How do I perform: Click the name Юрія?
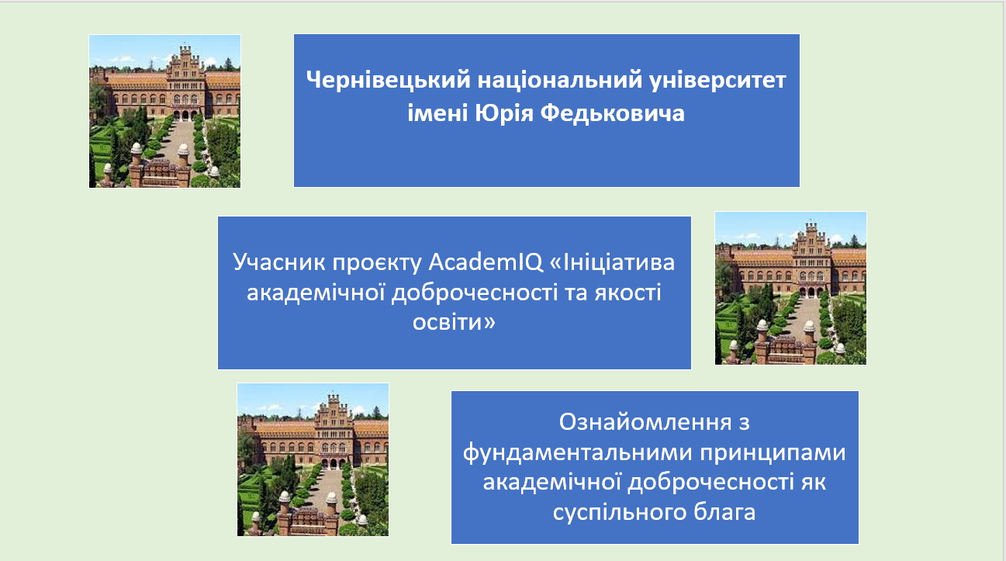(x=503, y=114)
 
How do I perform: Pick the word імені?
(x=437, y=114)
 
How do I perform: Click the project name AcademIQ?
(x=474, y=262)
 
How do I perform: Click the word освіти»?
(x=455, y=321)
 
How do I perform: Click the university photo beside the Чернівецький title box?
(x=164, y=111)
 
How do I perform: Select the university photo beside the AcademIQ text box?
(x=790, y=288)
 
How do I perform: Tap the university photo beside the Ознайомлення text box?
(x=313, y=459)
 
